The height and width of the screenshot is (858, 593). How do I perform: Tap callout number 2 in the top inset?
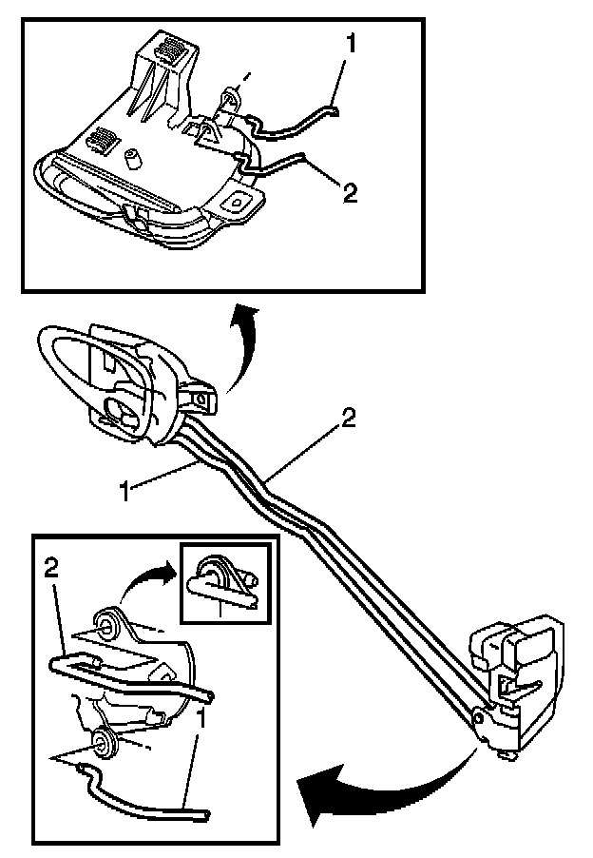point(350,193)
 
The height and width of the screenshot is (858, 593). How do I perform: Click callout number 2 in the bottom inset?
point(53,569)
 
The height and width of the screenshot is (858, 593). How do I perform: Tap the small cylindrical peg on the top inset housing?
point(133,156)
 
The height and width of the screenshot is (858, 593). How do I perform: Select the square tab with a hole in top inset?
point(234,202)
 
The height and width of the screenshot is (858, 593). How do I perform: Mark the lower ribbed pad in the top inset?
point(100,140)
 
